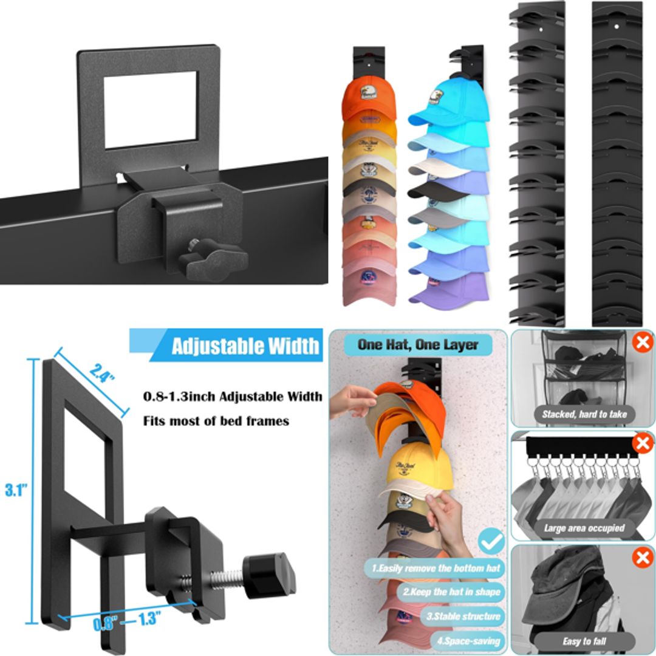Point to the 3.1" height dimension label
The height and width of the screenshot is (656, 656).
point(16,490)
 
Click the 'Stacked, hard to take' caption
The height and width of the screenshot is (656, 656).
point(584,414)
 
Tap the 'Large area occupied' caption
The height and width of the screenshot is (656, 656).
point(584,528)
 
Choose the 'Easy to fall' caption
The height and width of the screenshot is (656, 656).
point(584,641)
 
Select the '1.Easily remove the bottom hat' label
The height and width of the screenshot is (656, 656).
point(435,568)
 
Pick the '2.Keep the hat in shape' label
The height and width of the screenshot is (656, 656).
point(451,591)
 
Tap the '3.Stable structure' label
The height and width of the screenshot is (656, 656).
point(463,616)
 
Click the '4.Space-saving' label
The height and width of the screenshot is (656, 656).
point(469,640)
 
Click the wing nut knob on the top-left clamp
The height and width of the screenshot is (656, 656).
point(215,259)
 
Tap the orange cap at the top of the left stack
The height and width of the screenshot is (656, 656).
point(369,97)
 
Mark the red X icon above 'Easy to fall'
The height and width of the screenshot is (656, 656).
point(642,558)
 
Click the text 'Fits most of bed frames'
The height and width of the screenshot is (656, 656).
point(216,420)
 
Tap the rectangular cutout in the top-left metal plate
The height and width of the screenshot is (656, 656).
point(150,109)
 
